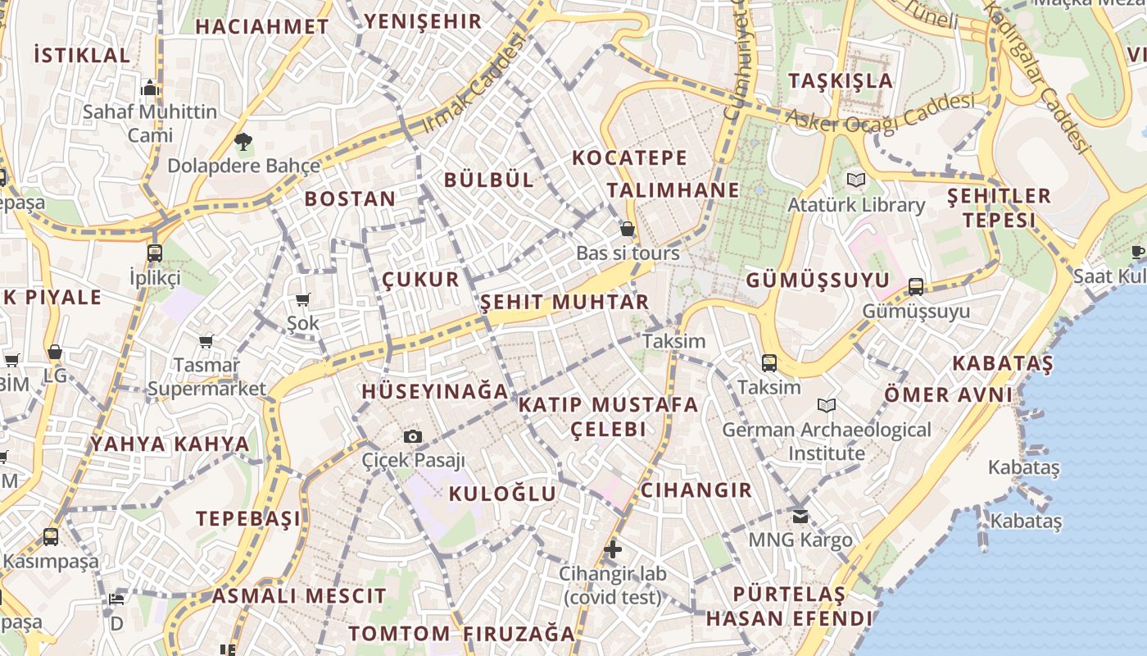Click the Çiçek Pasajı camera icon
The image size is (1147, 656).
413,436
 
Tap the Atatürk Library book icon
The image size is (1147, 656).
856,180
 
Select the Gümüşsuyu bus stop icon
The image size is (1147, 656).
916,287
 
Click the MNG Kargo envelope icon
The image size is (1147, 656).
800,517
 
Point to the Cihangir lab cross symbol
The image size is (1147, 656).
613,549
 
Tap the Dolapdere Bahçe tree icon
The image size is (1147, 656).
243,142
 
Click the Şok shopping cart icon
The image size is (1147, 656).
303,300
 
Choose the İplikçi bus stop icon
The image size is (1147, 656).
155,253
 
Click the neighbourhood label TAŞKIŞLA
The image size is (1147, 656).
841,80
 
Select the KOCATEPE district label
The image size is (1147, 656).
629,157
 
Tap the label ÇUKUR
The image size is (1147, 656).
421,280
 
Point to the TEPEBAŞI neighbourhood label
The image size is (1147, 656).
248,518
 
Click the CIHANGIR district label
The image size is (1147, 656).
696,490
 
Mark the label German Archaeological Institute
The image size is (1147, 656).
827,441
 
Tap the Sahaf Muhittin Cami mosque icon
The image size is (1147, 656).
150,88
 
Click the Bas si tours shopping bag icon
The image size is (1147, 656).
628,229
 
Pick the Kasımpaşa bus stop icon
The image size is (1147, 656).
51,537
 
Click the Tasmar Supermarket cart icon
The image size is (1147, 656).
206,341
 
